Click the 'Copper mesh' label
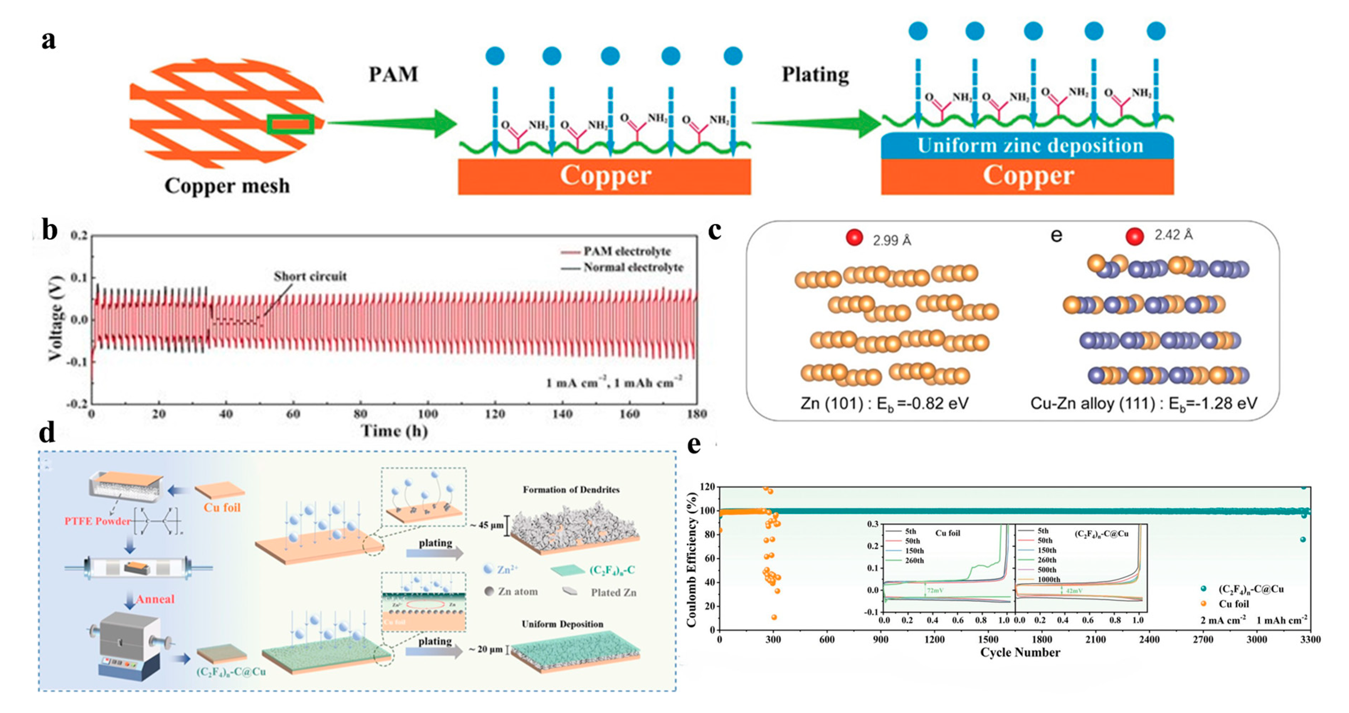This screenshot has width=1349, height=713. [x=227, y=186]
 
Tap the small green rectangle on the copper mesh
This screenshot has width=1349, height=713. [x=291, y=124]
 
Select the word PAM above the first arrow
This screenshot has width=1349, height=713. [x=393, y=74]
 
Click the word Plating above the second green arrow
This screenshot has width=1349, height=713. [x=815, y=74]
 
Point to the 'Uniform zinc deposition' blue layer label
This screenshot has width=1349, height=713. [x=1030, y=146]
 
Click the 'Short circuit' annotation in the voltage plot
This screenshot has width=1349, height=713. [x=310, y=276]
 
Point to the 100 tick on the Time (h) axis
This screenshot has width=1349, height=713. [x=427, y=414]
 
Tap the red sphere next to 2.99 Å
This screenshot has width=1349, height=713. [x=854, y=238]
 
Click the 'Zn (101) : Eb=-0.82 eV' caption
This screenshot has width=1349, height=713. [x=884, y=403]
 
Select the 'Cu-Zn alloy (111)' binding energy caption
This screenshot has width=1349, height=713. [x=1143, y=403]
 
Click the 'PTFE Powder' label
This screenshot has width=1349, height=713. [x=98, y=521]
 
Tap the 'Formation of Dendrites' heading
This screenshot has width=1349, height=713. [x=571, y=490]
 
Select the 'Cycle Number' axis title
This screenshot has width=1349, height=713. [x=1020, y=652]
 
